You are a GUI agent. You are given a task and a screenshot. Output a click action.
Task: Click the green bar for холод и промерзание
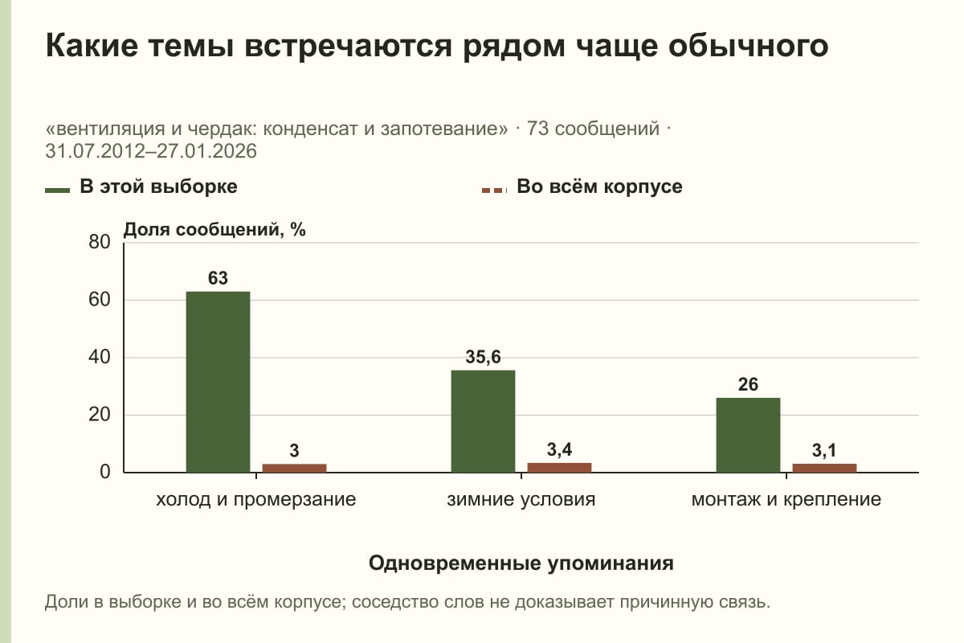pos(218,382)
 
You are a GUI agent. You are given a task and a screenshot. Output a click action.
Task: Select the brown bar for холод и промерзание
pos(294,468)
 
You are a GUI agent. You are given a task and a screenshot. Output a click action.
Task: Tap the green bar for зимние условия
pos(483,421)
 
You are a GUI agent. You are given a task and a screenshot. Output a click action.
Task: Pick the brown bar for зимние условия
pos(559,468)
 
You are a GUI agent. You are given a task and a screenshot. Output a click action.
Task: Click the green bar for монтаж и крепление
pos(748,435)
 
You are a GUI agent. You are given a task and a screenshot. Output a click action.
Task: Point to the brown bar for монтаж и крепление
pos(824,468)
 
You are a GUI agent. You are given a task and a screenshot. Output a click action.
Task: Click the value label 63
pos(218,278)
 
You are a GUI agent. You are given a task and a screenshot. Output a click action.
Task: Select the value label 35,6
pos(483,357)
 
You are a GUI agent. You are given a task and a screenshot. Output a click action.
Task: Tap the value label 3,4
pos(559,450)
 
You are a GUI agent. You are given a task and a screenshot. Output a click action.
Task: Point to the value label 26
pos(748,384)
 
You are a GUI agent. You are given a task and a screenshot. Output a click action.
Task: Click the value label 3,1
pos(824,451)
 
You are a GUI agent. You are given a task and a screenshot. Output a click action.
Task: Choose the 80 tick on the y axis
pos(100,242)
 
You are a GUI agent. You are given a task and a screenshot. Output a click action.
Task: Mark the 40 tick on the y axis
pos(100,357)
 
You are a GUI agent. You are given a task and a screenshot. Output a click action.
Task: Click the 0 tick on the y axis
pos(105,472)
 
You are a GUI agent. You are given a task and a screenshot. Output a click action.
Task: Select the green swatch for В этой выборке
pos(57,190)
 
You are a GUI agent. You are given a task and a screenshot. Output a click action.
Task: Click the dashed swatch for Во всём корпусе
pos(494,190)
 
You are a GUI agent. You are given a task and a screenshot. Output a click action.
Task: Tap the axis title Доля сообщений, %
pos(214,230)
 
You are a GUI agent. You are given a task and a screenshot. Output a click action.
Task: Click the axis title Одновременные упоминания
pos(521,563)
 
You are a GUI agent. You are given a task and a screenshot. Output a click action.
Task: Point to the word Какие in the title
pos(92,46)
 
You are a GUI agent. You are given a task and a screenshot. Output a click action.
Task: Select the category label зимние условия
pos(521,500)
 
